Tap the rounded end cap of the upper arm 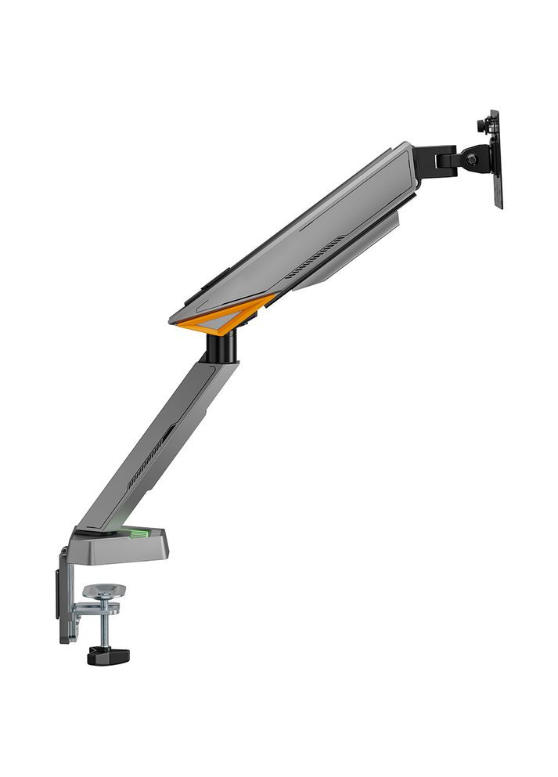click(407, 161)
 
